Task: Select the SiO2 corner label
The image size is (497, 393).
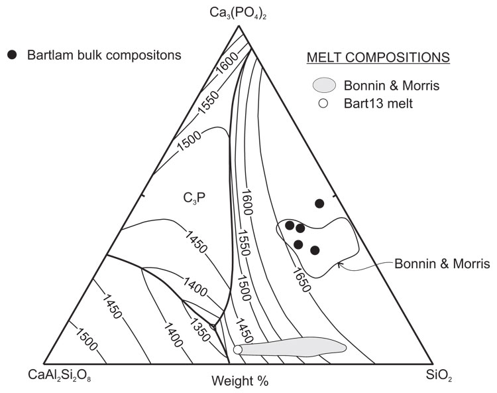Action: (440, 376)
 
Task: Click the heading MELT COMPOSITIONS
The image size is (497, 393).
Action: (378, 58)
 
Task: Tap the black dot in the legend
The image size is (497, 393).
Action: (11, 54)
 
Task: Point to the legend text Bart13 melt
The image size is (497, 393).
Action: (379, 104)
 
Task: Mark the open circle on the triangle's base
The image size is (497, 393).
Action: (237, 349)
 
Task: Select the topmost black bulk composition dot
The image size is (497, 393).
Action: (319, 203)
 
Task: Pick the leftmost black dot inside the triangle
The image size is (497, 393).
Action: (290, 225)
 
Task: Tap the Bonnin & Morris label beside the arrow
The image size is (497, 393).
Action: (442, 264)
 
